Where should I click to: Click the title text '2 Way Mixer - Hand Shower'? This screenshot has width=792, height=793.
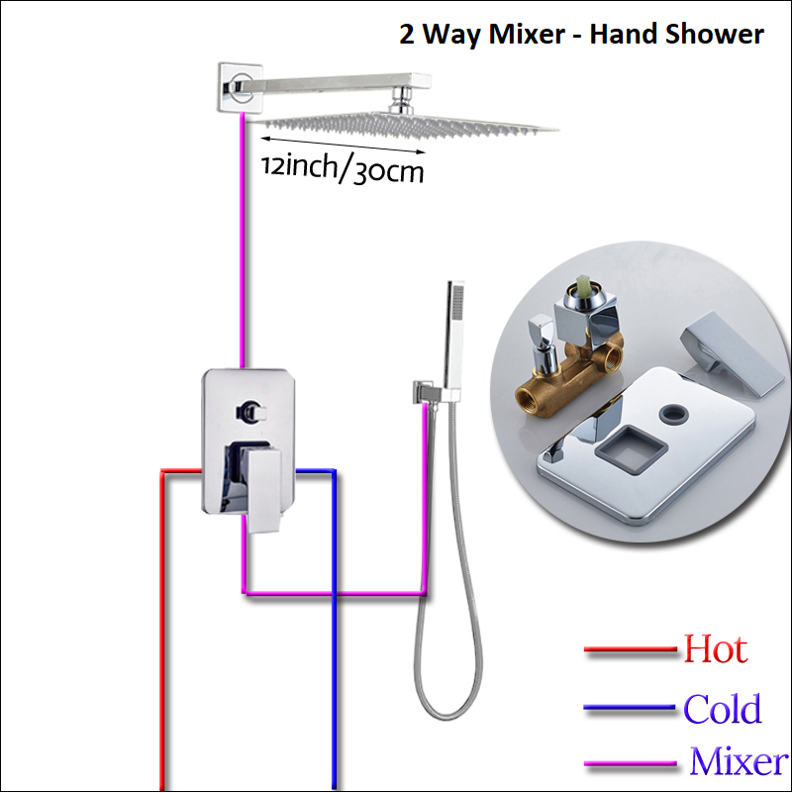(581, 35)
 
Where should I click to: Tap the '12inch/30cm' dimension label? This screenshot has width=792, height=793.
(343, 169)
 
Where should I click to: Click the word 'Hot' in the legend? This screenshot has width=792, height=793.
(715, 650)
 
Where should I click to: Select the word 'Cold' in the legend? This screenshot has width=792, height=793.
(723, 709)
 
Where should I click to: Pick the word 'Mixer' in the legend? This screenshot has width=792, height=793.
(739, 762)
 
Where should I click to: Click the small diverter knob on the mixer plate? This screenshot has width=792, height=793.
(247, 408)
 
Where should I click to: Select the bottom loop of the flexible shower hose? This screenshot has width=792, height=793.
(436, 708)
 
